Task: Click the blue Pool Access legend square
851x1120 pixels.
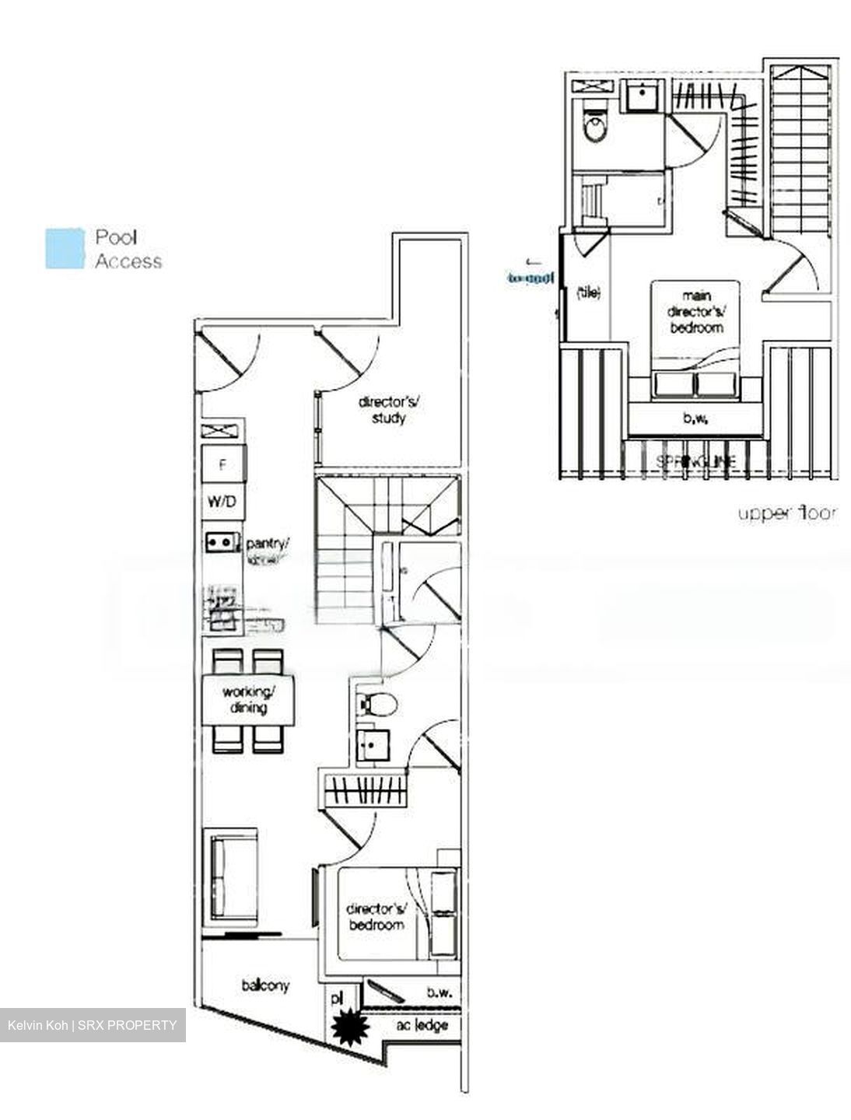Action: (65, 249)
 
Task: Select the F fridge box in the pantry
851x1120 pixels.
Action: (223, 466)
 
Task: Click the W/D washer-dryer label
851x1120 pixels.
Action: (222, 502)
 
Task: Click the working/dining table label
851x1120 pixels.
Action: (248, 700)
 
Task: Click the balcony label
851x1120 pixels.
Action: (265, 985)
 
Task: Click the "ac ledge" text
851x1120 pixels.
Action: (422, 1025)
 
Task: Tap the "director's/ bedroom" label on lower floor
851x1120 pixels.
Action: (376, 916)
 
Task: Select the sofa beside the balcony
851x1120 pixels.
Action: (226, 879)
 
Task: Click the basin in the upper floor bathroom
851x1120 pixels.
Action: (643, 98)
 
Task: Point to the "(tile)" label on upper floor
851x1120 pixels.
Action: (588, 293)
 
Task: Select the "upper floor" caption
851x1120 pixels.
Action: (787, 513)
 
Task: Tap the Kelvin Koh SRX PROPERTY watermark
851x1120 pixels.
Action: (93, 1025)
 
